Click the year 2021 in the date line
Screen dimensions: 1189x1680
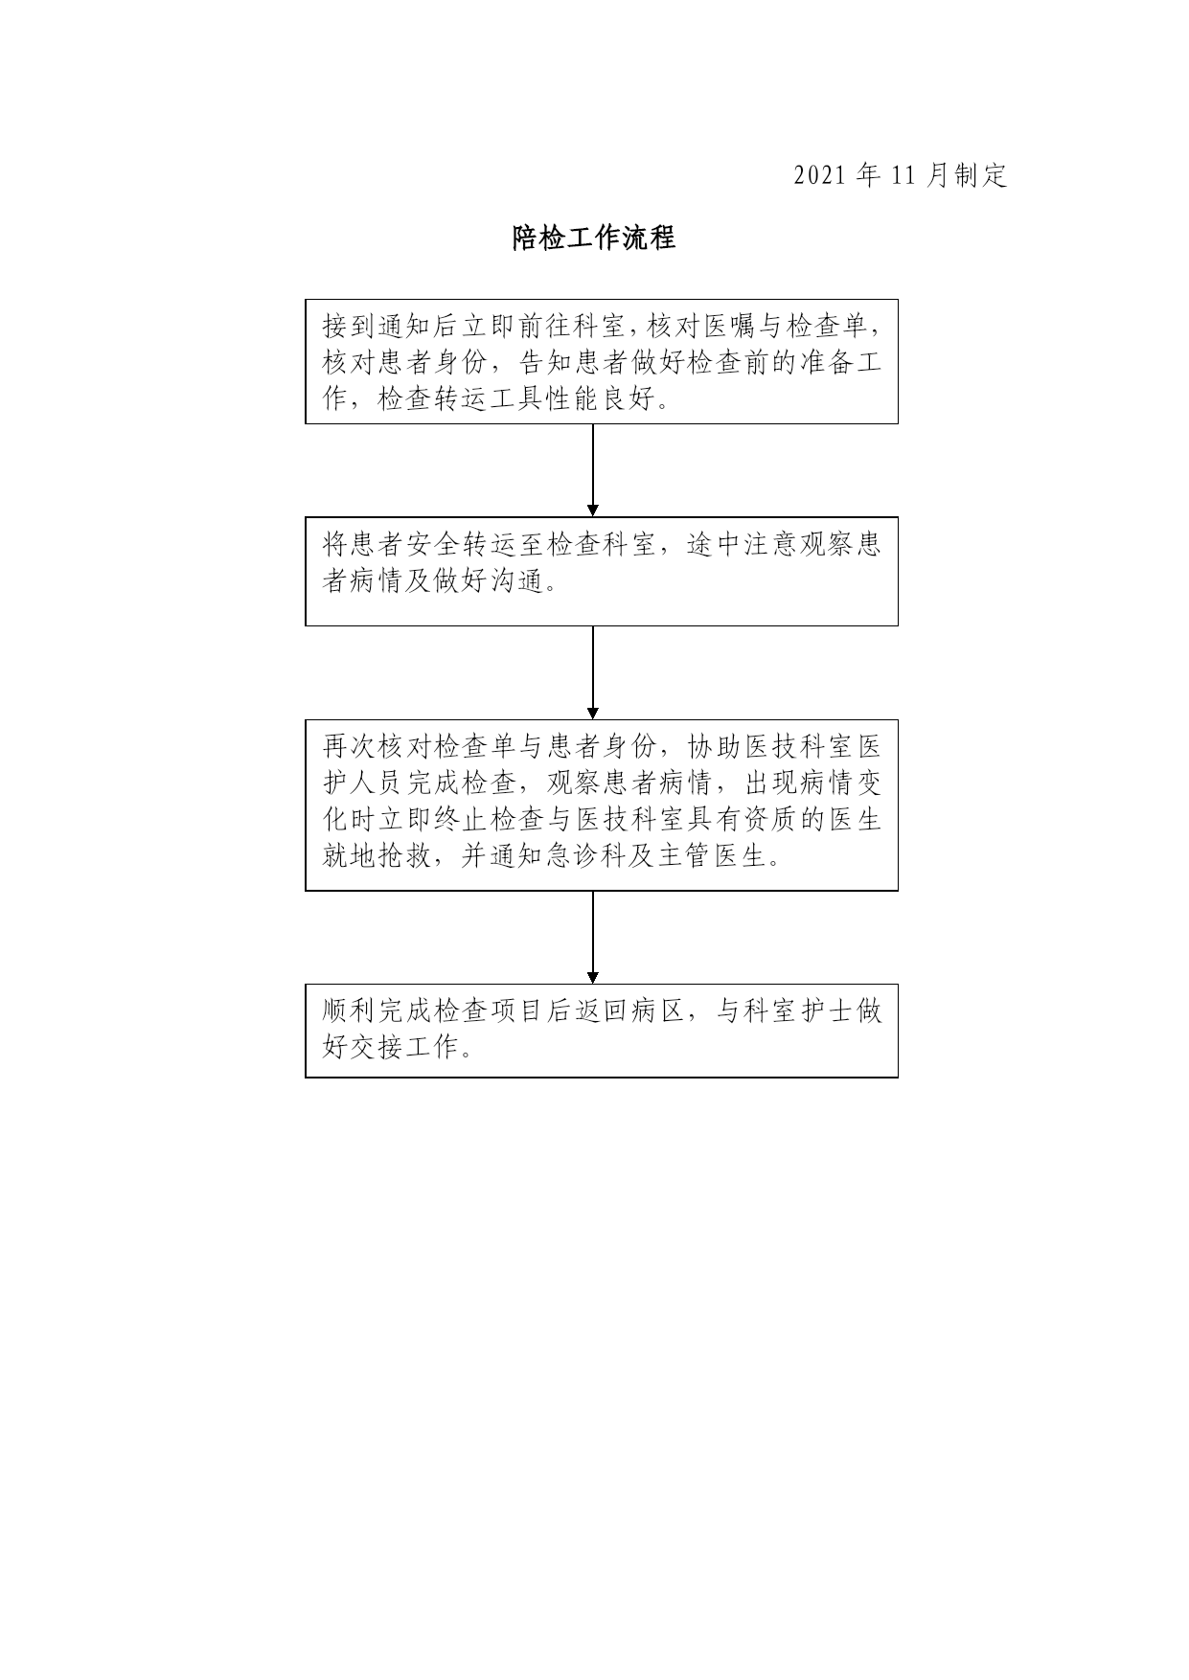[820, 175]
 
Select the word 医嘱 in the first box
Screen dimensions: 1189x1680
[731, 327]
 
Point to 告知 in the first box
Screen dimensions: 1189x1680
[545, 363]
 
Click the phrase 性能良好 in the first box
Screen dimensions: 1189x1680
[601, 399]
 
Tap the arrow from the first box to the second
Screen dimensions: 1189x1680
[593, 470]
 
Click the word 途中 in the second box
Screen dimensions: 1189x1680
[714, 545]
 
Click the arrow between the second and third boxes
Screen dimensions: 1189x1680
[593, 672]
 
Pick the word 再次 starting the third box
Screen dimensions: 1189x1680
[351, 746]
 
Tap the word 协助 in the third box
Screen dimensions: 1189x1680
[714, 746]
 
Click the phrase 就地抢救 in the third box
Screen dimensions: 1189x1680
[378, 855]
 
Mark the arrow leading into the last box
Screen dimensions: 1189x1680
[593, 937]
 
